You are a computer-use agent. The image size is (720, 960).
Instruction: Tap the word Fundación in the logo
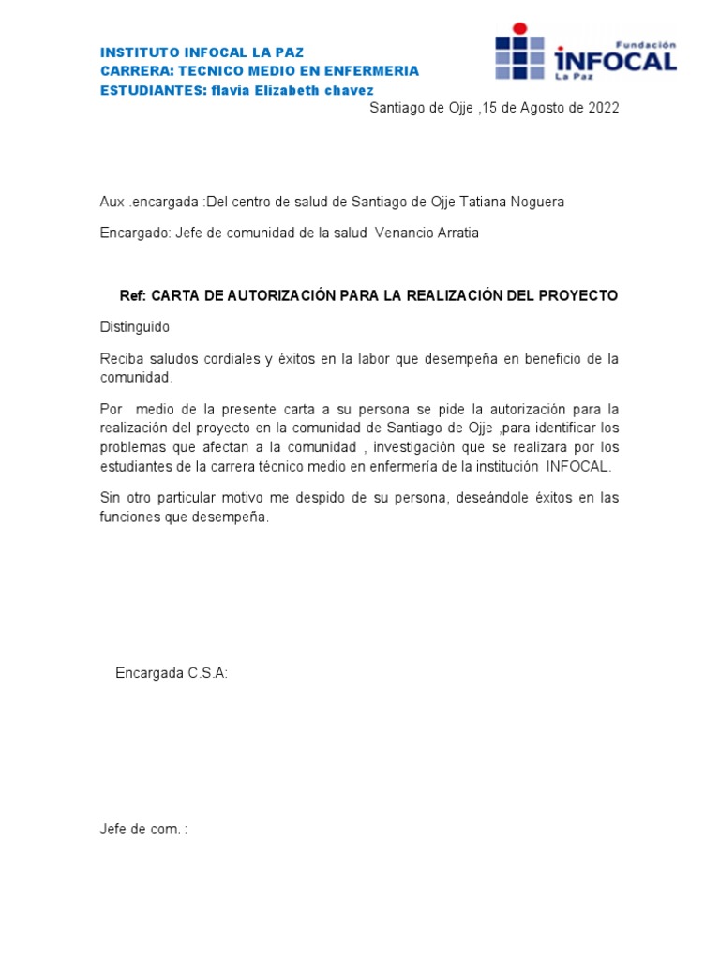point(645,44)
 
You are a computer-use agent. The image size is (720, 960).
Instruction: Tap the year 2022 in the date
point(604,108)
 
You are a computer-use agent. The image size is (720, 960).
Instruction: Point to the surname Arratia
point(457,232)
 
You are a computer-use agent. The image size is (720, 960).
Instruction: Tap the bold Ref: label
point(133,295)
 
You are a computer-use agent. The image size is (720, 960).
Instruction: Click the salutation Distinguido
point(135,327)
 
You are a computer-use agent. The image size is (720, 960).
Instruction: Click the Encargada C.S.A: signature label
point(172,673)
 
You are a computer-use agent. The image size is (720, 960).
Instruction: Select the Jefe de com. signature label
point(143,830)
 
